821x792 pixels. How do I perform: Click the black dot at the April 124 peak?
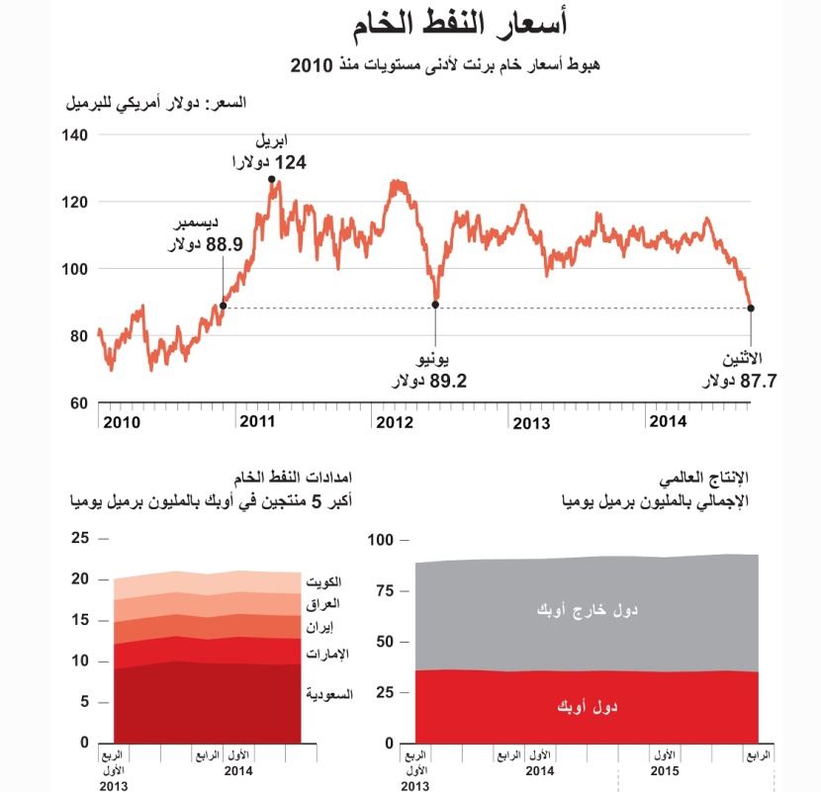(271, 179)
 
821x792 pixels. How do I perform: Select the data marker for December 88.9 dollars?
(224, 307)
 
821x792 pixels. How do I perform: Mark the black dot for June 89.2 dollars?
(435, 305)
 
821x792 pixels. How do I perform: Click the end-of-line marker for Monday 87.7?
(751, 308)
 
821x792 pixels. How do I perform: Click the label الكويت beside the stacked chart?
(323, 581)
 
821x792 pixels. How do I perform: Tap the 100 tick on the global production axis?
(383, 540)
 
